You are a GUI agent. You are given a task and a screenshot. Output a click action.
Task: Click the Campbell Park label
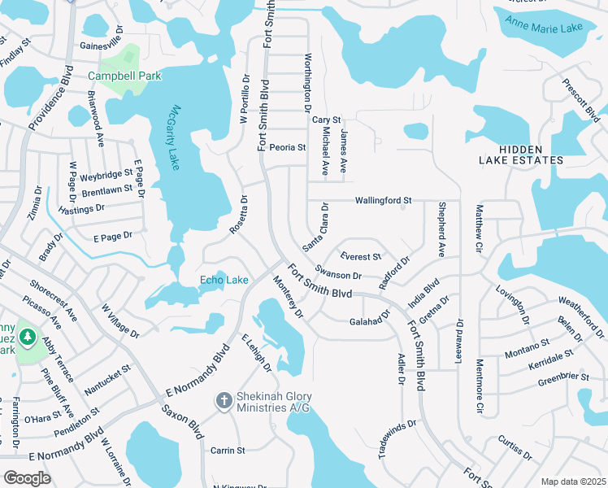pos(124,76)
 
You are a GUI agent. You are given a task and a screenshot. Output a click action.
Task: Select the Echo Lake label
pos(224,281)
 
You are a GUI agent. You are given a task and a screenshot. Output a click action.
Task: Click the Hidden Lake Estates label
pos(532,155)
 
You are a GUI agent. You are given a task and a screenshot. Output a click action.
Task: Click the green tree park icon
pos(27,336)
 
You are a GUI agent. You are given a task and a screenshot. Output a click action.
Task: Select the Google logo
pos(27,477)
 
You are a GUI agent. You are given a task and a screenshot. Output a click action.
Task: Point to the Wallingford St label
pos(384,200)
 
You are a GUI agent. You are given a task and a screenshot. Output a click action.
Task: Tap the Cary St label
pos(326,120)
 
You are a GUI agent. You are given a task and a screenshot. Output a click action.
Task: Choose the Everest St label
pos(361,256)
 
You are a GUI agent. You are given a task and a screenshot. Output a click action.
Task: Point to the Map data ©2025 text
pos(573,481)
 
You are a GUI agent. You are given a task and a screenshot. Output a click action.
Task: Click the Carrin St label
pos(228,450)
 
